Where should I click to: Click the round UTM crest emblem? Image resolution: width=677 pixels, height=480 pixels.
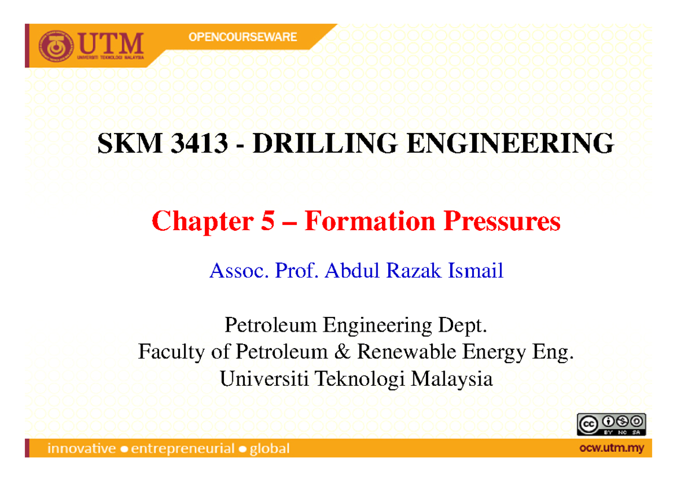click(56, 46)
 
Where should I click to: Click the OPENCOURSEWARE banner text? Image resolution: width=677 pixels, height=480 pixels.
click(243, 37)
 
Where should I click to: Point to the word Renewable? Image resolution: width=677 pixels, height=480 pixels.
click(408, 352)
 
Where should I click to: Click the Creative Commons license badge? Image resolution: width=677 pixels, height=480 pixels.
click(611, 424)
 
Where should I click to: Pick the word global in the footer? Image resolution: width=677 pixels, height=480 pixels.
click(270, 449)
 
